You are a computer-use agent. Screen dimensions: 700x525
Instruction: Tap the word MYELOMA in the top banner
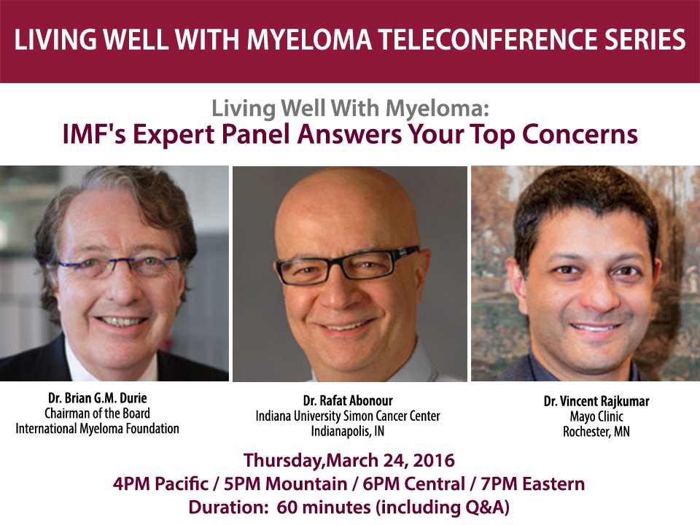click(309, 39)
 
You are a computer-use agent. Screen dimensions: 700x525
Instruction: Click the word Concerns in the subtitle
click(580, 134)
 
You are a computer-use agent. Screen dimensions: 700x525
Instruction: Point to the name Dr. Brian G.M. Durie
click(97, 398)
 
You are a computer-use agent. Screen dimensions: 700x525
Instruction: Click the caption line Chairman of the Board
click(97, 413)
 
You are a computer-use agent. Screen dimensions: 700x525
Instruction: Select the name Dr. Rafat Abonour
click(348, 400)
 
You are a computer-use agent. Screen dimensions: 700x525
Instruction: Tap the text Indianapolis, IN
click(348, 431)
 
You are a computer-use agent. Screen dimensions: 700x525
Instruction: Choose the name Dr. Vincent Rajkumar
click(596, 401)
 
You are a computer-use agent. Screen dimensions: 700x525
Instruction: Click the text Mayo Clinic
click(596, 416)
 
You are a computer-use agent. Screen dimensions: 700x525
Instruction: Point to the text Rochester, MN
click(596, 432)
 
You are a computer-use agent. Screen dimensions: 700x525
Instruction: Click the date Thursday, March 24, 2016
click(349, 460)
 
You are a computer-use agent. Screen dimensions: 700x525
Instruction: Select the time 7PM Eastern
click(532, 484)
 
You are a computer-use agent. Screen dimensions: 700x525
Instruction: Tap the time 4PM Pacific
click(160, 484)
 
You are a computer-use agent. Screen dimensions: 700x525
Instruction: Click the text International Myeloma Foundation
click(97, 429)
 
